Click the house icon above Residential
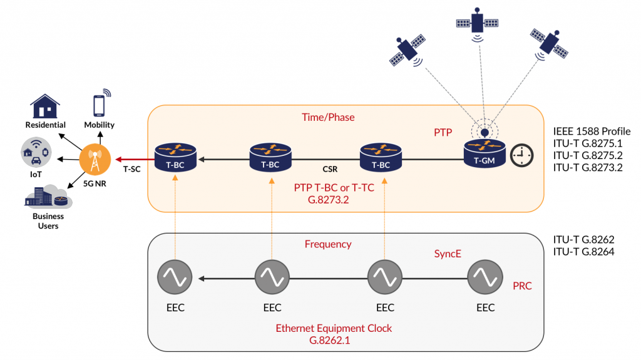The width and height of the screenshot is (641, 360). click(x=45, y=106)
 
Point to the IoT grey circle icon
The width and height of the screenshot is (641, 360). click(x=37, y=153)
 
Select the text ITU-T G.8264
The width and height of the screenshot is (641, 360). click(x=584, y=252)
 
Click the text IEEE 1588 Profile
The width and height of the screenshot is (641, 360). click(x=592, y=131)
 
